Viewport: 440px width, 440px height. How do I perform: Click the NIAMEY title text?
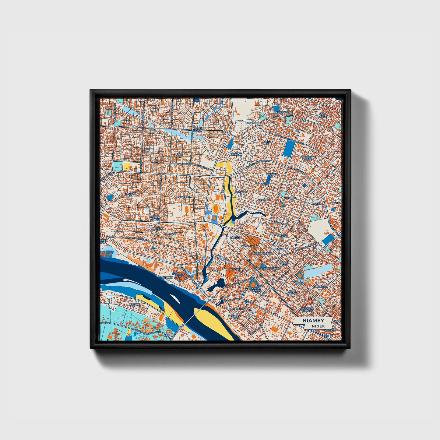point(313,321)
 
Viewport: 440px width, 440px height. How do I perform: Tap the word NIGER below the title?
point(318,326)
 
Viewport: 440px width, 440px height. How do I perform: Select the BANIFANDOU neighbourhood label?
point(282,112)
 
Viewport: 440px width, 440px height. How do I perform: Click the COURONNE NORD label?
point(308,158)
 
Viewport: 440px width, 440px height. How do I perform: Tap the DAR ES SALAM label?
point(198,129)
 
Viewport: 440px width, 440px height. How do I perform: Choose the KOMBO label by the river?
point(168,277)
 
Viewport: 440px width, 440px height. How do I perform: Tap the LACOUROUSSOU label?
point(268,268)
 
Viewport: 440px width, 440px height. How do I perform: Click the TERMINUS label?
point(238,309)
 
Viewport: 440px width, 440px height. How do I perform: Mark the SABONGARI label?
point(321,287)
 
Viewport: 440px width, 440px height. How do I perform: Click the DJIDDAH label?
point(236,154)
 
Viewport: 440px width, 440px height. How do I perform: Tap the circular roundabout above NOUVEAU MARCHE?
point(309,302)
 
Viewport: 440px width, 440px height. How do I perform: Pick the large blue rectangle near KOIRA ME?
point(288,150)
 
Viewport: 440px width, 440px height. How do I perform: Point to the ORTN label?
point(180,154)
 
